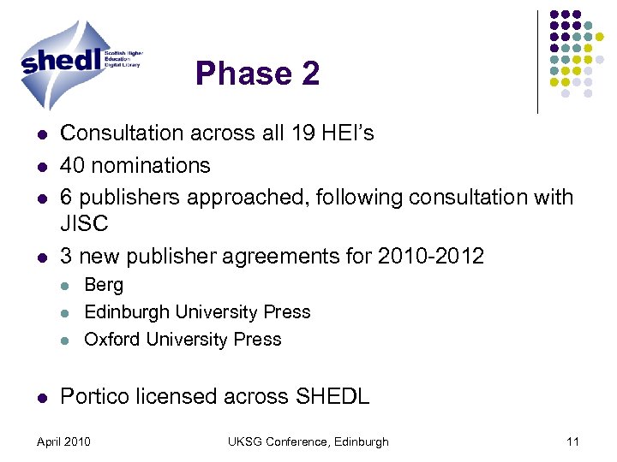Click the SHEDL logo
81,57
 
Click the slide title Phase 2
257,74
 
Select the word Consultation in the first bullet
122,133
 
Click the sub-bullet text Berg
104,285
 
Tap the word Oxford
112,340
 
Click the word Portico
96,396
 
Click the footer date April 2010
63,441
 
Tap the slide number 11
573,441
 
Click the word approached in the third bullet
260,198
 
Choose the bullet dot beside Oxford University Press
65,341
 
